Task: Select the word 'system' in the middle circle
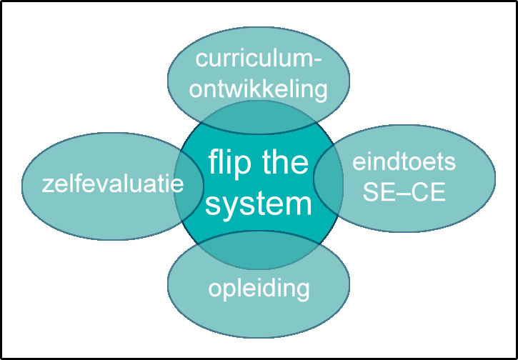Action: click(x=260, y=205)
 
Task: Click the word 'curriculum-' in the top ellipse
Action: click(x=258, y=60)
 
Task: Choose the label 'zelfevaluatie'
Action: click(x=113, y=185)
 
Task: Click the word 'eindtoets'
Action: click(x=404, y=163)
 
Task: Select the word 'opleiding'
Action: click(x=259, y=289)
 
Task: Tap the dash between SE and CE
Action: click(x=404, y=193)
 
